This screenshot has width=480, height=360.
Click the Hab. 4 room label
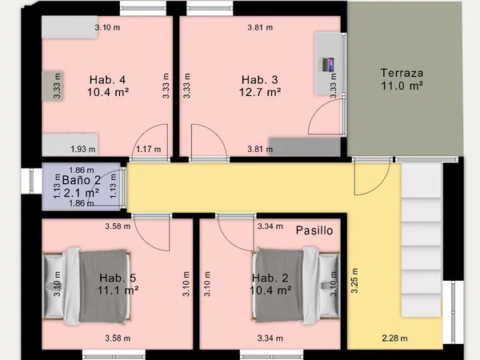pos(107,80)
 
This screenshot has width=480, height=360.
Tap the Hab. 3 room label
pos(259,80)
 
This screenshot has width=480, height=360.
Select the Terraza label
pos(402,73)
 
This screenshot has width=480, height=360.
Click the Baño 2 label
pos(81,180)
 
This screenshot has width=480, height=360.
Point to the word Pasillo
pos(314,230)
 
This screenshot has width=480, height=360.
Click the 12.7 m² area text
pos(260,92)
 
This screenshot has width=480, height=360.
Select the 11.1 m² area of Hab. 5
pos(118,290)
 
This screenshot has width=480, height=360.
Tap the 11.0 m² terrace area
pos(402,86)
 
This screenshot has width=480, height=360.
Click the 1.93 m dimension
pos(83,150)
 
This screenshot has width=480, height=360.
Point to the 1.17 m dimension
pos(149,150)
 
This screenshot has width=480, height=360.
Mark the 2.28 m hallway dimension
pos(394,338)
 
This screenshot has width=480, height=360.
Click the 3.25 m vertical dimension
pos(354,281)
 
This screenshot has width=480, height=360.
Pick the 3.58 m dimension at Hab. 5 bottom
pos(118,338)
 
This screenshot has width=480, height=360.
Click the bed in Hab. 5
pos(86,286)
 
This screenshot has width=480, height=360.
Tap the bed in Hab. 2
pos(296,286)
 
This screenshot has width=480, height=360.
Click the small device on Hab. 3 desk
pos(327,65)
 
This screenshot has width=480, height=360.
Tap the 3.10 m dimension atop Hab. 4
pos(107,27)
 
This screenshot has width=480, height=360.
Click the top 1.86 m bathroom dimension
pos(82,170)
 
